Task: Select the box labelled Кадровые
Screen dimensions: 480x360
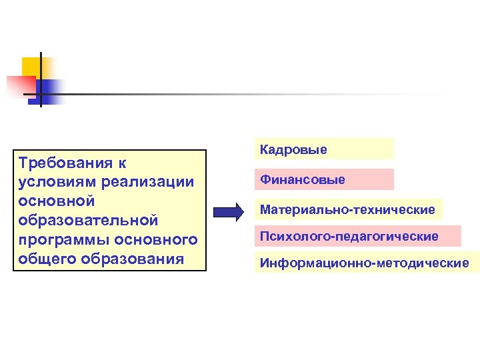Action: (324, 149)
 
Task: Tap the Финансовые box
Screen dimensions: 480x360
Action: (324, 179)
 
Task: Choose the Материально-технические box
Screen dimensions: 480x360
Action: (347, 209)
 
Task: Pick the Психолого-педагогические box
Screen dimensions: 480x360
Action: (357, 236)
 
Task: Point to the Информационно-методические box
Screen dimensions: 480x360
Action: (365, 263)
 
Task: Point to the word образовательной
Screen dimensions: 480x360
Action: (89, 219)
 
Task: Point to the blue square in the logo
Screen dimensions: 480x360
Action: (51, 90)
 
